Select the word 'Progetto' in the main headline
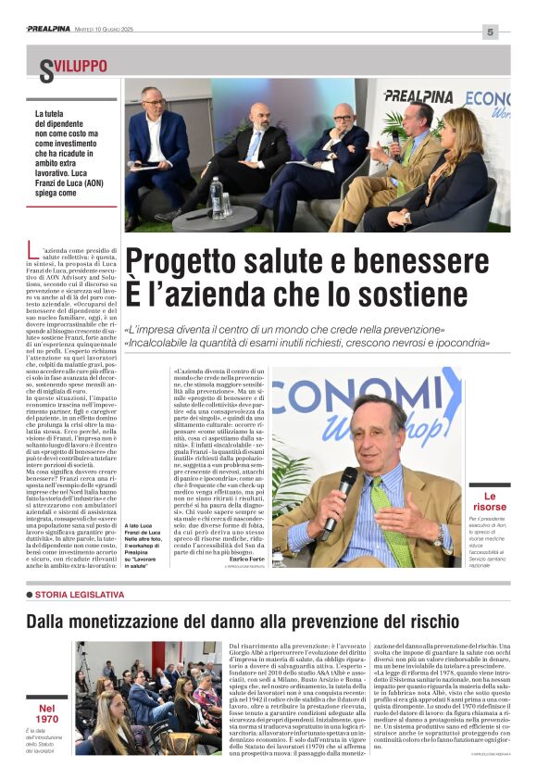(x=176, y=261)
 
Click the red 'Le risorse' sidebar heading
(x=490, y=501)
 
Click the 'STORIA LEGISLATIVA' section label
(x=79, y=594)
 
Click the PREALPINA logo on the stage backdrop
(x=418, y=95)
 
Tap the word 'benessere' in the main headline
(x=424, y=261)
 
